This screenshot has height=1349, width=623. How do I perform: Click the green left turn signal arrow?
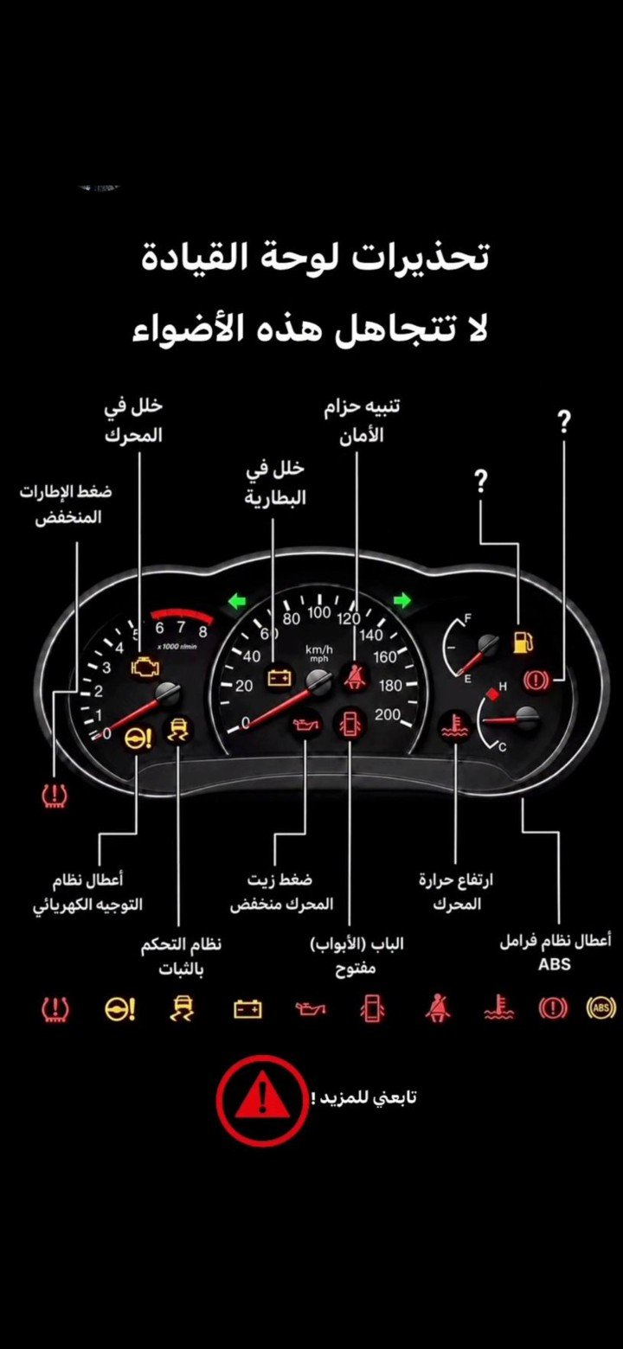click(x=237, y=601)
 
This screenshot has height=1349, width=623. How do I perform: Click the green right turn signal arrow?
click(x=401, y=600)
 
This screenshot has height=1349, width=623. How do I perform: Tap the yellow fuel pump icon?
click(x=522, y=642)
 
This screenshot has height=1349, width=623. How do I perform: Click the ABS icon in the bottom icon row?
click(x=601, y=1007)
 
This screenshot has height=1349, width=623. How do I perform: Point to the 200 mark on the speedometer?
click(x=388, y=715)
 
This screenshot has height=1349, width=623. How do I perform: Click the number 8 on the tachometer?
click(x=203, y=632)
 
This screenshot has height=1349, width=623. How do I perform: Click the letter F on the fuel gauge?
click(x=467, y=618)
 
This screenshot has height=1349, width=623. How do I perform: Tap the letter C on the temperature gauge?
click(x=503, y=749)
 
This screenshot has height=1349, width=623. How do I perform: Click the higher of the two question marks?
click(x=563, y=423)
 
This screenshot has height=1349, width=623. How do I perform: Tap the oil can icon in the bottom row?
click(x=311, y=1008)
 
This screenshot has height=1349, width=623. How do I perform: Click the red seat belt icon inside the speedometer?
click(x=351, y=678)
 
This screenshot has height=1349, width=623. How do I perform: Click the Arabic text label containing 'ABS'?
click(x=555, y=952)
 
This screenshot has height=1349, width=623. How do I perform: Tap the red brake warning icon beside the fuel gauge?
click(x=536, y=681)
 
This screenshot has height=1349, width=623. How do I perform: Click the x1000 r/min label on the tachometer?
click(x=177, y=646)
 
